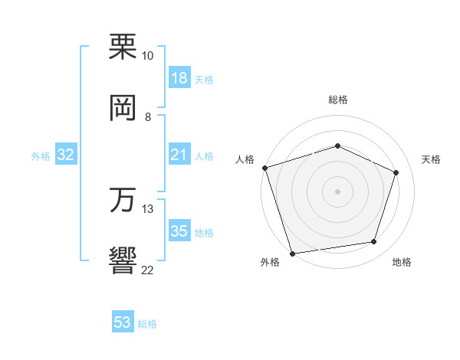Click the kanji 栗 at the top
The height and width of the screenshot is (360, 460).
(x=123, y=47)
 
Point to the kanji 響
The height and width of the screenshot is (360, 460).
(x=123, y=260)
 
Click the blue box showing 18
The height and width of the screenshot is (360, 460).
(x=179, y=78)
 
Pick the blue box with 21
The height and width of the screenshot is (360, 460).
(x=179, y=155)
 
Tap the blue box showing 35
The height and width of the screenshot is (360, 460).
(x=179, y=232)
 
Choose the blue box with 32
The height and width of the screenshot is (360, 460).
(x=66, y=155)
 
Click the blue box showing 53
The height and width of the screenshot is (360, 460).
(x=123, y=323)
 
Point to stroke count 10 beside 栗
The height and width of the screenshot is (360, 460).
(x=147, y=56)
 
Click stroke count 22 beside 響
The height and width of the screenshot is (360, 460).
(x=147, y=269)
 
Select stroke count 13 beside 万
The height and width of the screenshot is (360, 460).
(x=147, y=208)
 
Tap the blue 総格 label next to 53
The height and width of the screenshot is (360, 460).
(x=147, y=324)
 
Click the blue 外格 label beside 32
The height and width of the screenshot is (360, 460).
(x=41, y=156)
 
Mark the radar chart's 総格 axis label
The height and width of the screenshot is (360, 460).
(x=337, y=100)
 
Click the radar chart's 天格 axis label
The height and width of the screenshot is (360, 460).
(x=432, y=159)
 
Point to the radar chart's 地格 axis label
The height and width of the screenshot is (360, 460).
(x=402, y=262)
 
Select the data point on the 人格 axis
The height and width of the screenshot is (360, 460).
(x=264, y=168)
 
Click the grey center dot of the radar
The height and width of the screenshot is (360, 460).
(x=337, y=191)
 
